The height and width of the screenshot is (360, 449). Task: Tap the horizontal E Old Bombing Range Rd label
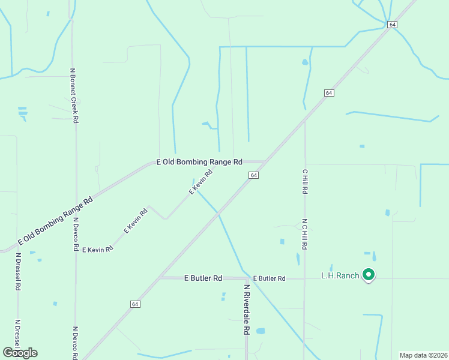pos(199,162)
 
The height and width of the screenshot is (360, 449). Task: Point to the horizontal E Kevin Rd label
pos(98,249)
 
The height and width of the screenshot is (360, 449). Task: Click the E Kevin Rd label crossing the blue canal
pos(201,182)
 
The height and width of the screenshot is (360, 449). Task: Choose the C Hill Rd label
pos(304,181)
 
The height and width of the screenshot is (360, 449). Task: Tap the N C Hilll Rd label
pos(305,234)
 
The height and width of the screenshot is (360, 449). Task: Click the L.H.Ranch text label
pos(340,275)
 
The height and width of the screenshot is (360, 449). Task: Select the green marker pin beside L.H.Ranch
pos(369,275)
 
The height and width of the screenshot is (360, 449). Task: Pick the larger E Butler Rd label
pos(203,278)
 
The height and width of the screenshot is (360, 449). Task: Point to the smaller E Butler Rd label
pos(269,278)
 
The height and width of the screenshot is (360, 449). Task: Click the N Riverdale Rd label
pos(246,310)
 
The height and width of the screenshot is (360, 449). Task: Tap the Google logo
pos(20,353)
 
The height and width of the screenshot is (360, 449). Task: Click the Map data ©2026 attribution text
pos(424,355)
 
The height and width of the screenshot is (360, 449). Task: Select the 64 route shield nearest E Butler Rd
pos(134,304)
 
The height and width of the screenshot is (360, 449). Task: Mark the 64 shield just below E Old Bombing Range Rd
pos(254,175)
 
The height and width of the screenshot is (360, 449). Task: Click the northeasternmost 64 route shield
pos(392,25)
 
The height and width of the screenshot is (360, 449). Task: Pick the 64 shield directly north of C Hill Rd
pos(329,93)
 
